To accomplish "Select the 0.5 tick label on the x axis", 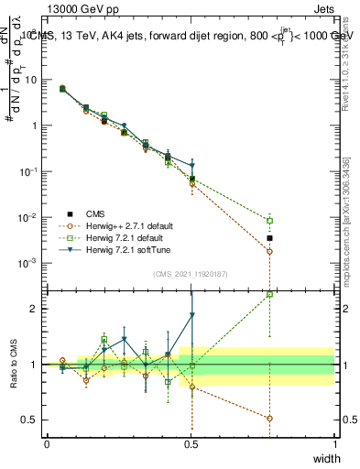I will coord(191,442).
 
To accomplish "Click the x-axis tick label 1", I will coord(334,442).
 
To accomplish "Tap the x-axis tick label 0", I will coord(48,442).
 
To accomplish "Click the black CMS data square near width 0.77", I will coord(269,238).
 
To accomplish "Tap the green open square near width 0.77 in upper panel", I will coord(269,221).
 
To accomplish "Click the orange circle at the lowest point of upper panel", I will coord(269,277).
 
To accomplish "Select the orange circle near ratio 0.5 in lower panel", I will coord(269,418).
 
